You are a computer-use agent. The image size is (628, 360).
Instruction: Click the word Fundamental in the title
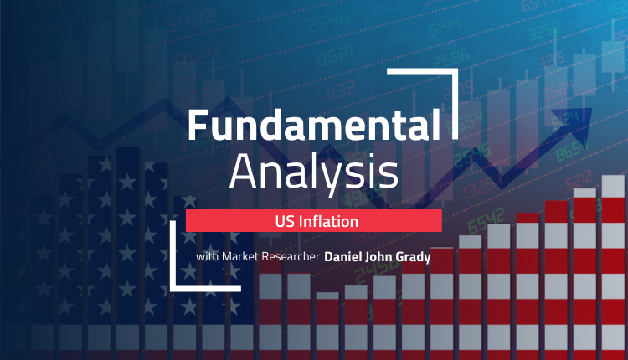click(314, 125)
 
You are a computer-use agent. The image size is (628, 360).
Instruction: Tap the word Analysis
click(314, 172)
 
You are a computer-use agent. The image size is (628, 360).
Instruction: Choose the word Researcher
click(291, 256)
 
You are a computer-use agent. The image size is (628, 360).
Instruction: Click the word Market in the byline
click(240, 256)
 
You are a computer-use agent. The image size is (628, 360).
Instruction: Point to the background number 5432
click(190, 20)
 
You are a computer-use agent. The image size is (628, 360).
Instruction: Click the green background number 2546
click(327, 22)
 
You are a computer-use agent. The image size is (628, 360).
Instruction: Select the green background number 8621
click(334, 55)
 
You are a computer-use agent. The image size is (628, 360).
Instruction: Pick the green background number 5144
click(444, 27)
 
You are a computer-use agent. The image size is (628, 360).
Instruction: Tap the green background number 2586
click(451, 59)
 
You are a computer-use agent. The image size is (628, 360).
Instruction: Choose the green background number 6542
click(486, 221)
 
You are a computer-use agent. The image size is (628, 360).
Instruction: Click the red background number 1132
click(341, 90)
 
